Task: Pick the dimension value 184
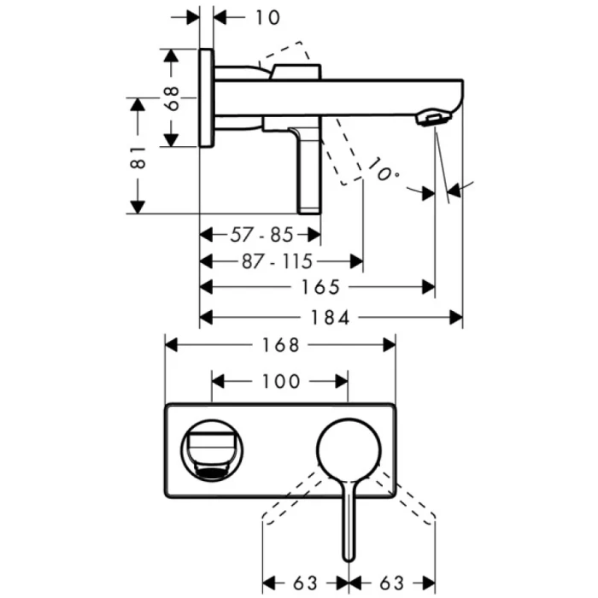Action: pos(330,318)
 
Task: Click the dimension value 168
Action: pos(279,345)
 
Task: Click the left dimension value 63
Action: pos(305,583)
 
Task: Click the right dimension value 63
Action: pos(392,583)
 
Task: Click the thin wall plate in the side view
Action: pos(206,97)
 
